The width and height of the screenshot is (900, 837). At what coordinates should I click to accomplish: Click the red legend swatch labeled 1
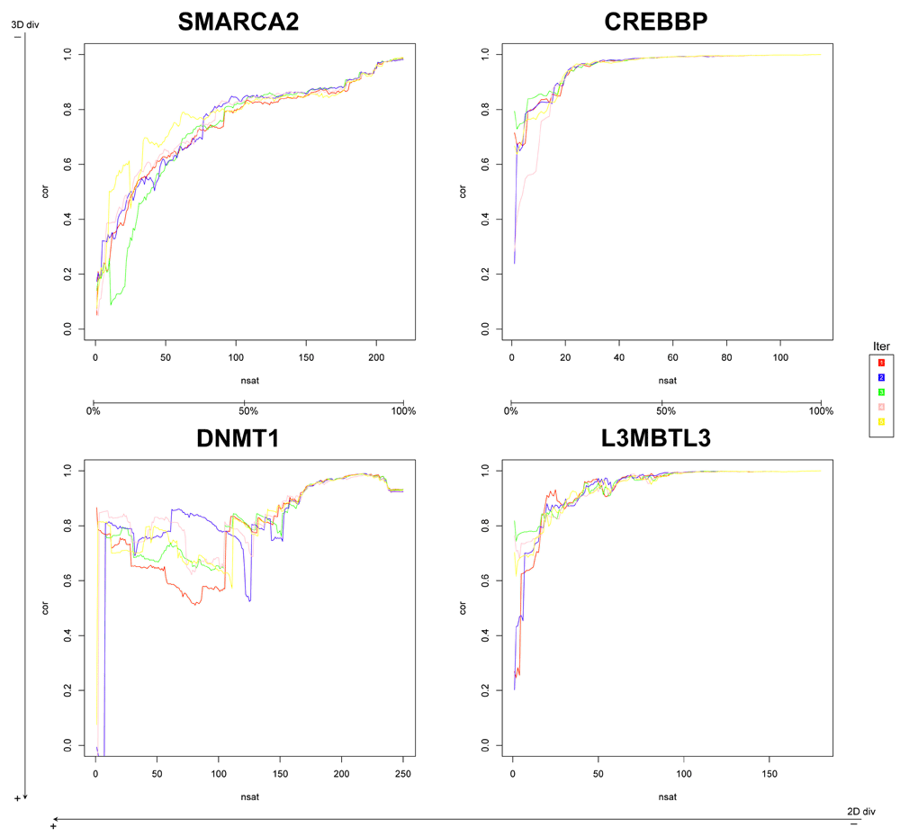pos(880,363)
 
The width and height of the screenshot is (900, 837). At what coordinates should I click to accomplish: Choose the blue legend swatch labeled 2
pos(880,377)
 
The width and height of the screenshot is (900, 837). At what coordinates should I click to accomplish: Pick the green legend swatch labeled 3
pos(880,392)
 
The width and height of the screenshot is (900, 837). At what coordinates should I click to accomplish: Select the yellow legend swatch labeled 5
pos(880,422)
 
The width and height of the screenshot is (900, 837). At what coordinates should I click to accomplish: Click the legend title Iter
pos(881,346)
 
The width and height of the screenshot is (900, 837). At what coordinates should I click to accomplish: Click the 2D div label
pos(861,811)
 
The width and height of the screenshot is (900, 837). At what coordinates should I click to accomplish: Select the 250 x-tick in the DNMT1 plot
pos(403,773)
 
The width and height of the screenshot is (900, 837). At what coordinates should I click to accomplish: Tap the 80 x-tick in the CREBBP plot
pos(724,356)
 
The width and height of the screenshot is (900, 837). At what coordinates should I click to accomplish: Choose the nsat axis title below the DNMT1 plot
pos(248,796)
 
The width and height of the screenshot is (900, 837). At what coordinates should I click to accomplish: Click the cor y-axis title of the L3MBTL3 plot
pos(463,608)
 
